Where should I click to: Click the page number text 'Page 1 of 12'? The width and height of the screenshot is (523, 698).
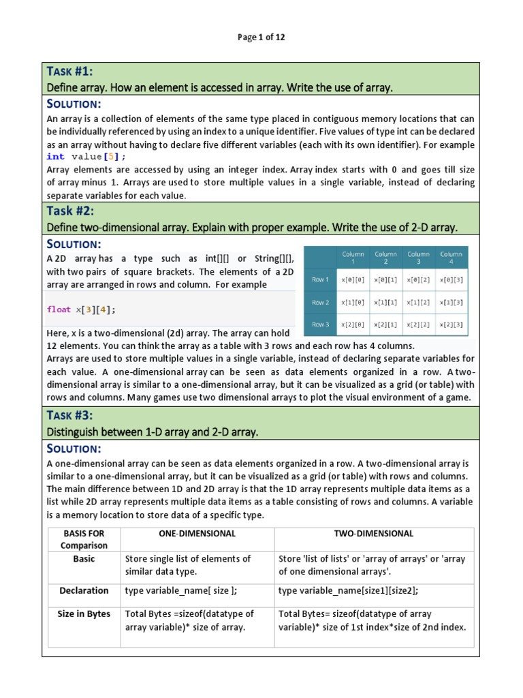pos(261,37)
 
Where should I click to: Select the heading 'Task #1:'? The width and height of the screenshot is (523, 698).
pos(69,72)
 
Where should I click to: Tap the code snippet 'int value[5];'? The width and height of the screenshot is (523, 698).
pos(86,157)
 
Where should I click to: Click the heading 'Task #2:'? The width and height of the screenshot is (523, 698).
pos(70,211)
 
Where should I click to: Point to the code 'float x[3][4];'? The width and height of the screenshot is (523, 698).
pos(81,309)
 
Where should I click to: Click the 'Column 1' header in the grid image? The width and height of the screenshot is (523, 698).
pos(353,258)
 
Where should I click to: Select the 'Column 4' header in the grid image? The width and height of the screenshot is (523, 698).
pos(451,258)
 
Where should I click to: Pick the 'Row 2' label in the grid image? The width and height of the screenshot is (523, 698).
pos(320,302)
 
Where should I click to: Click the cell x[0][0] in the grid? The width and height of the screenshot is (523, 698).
pos(353,279)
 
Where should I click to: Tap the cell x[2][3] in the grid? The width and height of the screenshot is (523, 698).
pos(451,324)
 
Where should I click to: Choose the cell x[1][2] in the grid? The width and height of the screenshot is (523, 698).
pos(418,302)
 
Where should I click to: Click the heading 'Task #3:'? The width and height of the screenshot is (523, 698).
pos(69,415)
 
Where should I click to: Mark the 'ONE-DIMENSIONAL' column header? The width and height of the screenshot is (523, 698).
pos(197,534)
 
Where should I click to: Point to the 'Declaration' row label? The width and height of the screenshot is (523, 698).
pos(84,590)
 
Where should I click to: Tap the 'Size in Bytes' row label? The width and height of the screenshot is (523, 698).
pos(84,613)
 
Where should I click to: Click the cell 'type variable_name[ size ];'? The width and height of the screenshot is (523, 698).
pos(181,590)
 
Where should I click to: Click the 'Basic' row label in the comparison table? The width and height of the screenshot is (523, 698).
pos(84,558)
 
